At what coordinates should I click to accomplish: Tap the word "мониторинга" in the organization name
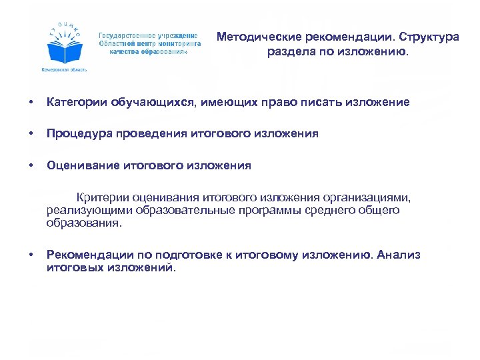tap(180, 43)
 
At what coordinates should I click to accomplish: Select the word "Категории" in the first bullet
tap(73, 102)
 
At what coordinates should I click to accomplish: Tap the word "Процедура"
tap(75, 133)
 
